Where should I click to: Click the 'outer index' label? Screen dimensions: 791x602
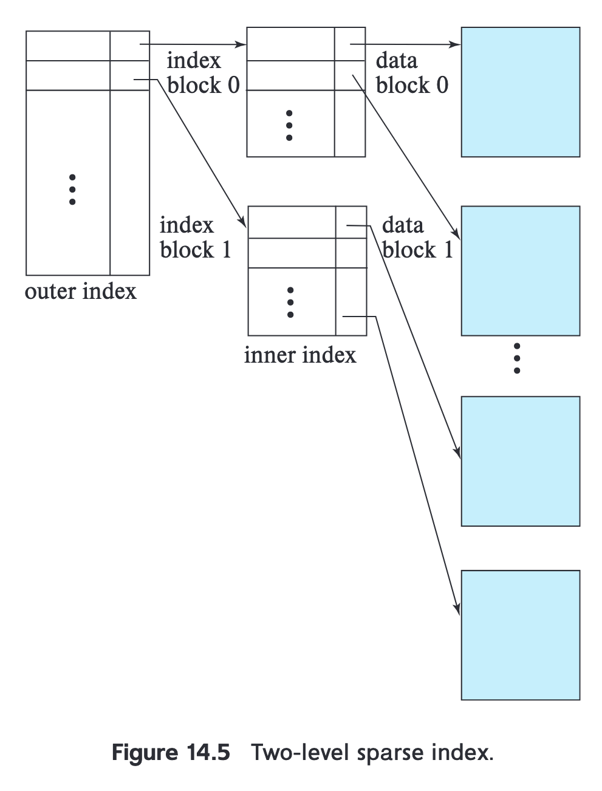pos(81,292)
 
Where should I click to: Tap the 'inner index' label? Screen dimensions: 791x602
pos(300,355)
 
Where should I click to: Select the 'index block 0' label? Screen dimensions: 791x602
pos(203,73)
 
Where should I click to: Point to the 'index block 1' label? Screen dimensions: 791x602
pos(195,238)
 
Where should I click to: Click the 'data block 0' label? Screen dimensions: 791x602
pos(412,73)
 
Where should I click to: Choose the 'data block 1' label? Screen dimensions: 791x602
pos(417,238)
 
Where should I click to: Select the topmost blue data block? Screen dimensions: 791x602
pos(520,92)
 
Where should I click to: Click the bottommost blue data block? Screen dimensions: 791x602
pos(520,635)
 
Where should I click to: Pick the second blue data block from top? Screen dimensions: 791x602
pos(520,270)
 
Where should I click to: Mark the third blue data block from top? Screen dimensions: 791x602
pos(520,461)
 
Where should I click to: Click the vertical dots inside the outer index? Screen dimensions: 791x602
pos(72,190)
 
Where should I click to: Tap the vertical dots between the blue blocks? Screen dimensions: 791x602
pos(516,358)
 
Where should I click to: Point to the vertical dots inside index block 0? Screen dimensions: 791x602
pos(289,125)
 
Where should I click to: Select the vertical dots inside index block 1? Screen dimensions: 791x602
pos(290,302)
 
